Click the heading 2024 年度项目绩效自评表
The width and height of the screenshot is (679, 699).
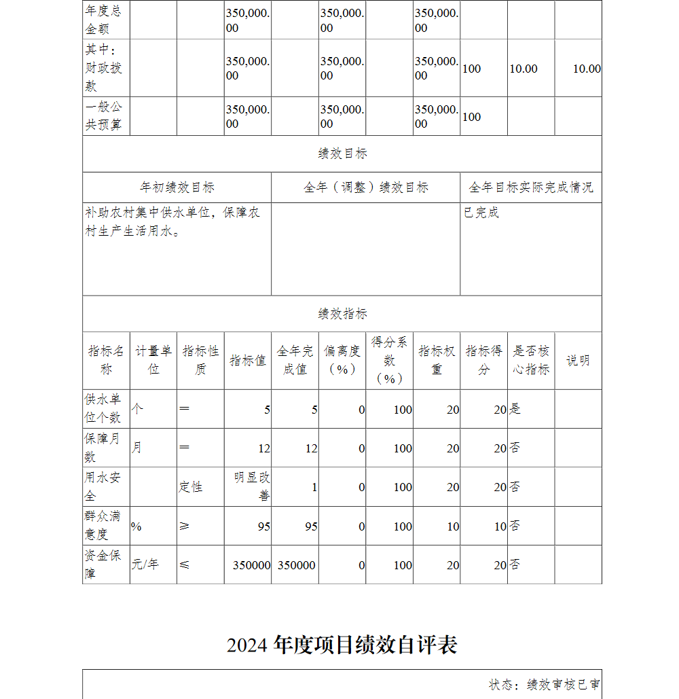[342, 645]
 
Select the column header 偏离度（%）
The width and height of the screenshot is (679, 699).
[342, 360]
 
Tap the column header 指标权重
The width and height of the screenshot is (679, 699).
[437, 360]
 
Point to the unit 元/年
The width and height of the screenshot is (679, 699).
[145, 564]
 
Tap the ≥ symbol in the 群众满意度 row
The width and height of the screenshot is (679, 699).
[185, 525]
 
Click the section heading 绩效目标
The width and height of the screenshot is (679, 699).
[342, 154]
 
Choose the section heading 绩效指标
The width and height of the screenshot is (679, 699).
[342, 314]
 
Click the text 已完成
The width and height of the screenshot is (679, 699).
[481, 213]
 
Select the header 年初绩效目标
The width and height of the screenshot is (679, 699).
[177, 187]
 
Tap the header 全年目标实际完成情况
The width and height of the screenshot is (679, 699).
[531, 187]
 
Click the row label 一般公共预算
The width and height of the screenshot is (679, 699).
[104, 116]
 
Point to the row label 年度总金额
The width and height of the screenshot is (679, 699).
[104, 20]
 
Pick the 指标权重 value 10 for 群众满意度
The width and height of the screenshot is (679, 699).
[453, 526]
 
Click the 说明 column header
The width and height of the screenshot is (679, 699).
[578, 361]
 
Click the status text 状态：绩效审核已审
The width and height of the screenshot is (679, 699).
[545, 684]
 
